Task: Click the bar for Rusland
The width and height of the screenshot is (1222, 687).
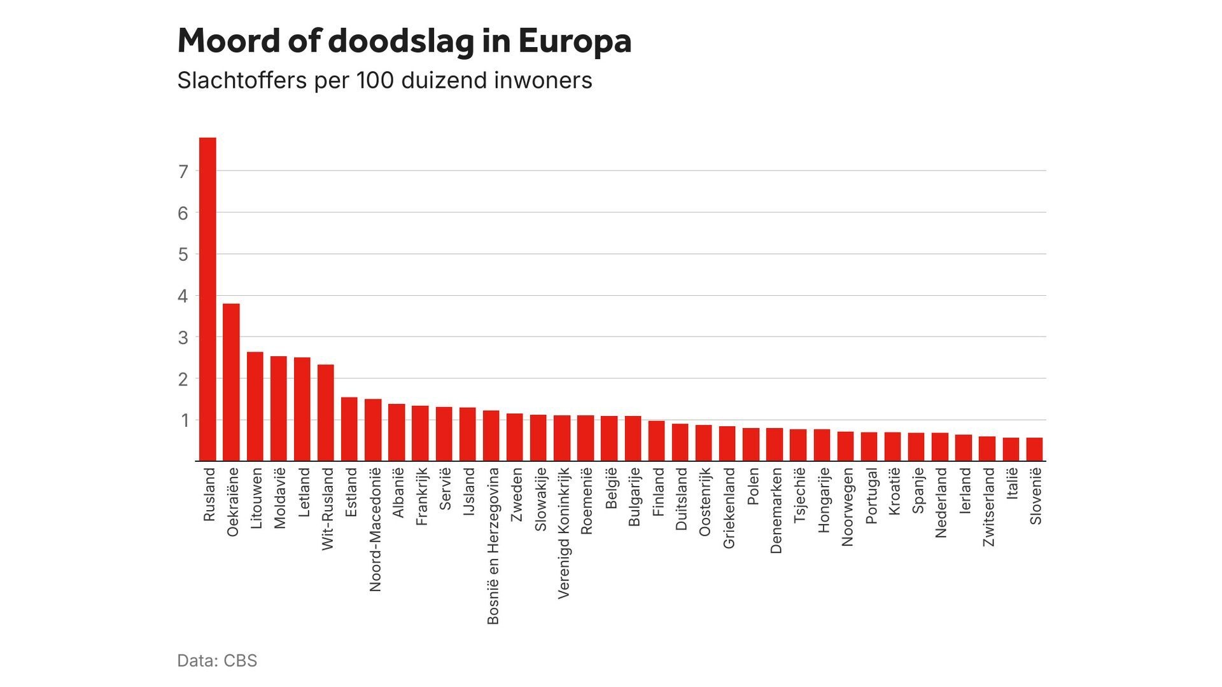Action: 207,299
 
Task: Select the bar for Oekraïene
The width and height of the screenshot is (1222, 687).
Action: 231,382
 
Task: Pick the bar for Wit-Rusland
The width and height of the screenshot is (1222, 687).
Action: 326,412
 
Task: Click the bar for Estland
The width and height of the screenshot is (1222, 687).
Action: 349,429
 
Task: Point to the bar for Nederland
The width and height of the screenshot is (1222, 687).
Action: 940,447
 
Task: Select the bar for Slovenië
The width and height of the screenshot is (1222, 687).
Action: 1034,449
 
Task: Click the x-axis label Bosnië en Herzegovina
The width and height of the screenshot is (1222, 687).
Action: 493,546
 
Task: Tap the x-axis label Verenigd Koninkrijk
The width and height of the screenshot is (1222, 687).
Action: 563,533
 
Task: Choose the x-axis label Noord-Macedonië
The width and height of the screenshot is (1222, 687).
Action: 375,530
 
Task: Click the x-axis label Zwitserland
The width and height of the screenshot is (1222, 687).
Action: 988,507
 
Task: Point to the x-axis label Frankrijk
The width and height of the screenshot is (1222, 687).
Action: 421,497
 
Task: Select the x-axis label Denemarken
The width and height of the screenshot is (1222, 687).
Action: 775,511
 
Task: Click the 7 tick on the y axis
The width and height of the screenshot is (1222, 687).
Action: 183,171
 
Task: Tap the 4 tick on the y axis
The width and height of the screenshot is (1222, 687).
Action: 183,296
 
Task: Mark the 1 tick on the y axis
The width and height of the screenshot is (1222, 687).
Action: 185,420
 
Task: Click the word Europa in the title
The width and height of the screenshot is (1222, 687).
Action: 575,41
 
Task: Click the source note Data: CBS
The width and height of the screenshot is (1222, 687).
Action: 217,660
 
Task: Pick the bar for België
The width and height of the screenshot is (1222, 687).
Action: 609,438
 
